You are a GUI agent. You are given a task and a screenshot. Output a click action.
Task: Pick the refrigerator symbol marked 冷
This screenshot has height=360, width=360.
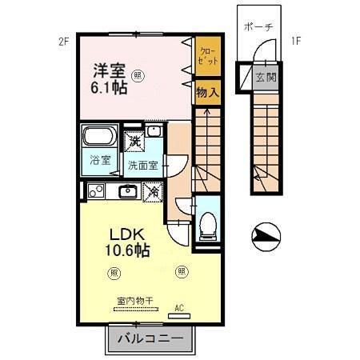pyautogui.click(x=153, y=191)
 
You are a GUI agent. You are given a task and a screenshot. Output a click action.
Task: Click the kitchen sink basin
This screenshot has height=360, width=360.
pyautogui.click(x=126, y=191)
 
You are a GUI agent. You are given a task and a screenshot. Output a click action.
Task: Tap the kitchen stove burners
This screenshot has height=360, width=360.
pyautogui.click(x=96, y=192)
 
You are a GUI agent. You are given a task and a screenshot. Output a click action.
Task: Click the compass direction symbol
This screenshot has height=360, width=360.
pyautogui.click(x=266, y=235)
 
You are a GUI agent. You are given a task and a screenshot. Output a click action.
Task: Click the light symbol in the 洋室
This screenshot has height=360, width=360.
pyautogui.click(x=139, y=77)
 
